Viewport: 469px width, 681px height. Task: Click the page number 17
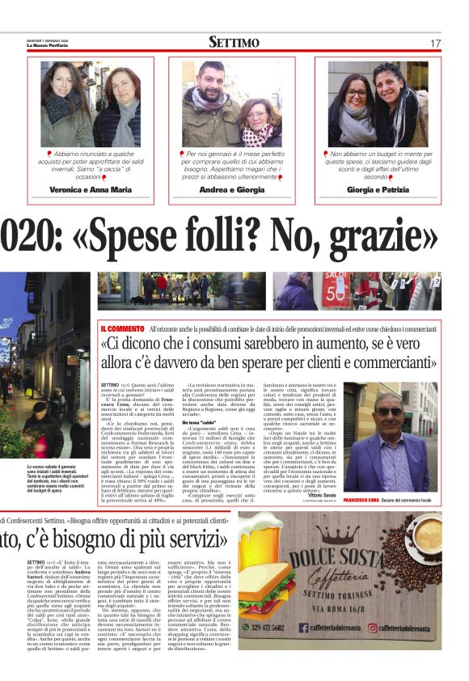click(435, 43)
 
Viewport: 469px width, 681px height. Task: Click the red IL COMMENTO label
click(121, 328)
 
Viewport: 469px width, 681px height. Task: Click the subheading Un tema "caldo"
click(204, 423)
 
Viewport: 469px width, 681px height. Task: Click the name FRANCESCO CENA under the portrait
click(364, 501)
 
